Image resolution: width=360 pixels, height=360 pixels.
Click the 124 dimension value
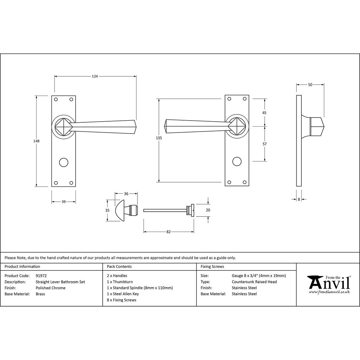pyautogui.click(x=95, y=76)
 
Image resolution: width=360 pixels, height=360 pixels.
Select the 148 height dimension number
pyautogui.click(x=37, y=141)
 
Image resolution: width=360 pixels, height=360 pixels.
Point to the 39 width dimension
pyautogui.click(x=64, y=202)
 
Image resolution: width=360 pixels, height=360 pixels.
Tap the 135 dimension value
pyautogui.click(x=159, y=138)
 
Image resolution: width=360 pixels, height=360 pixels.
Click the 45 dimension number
pyautogui.click(x=264, y=113)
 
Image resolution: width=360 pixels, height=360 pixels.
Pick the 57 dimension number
pyautogui.click(x=264, y=144)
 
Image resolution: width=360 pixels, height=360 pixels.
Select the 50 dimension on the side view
pyautogui.click(x=310, y=85)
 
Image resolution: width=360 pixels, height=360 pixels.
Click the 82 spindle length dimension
pyautogui.click(x=168, y=232)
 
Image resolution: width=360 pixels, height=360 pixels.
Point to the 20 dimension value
pyautogui.click(x=208, y=210)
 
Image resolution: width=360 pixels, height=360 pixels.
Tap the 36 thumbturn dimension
pyautogui.click(x=126, y=194)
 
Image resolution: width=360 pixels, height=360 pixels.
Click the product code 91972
pyautogui.click(x=41, y=276)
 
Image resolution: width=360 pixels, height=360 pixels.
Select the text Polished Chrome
pyautogui.click(x=51, y=288)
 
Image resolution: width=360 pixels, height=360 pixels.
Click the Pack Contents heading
pyautogui.click(x=119, y=266)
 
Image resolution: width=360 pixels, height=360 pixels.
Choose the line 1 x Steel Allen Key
pyautogui.click(x=123, y=294)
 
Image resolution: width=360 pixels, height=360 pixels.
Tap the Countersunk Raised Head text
pyautogui.click(x=254, y=282)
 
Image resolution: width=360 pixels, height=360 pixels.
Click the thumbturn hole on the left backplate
pyautogui.click(x=64, y=162)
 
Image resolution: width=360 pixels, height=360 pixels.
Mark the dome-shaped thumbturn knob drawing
pyautogui.click(x=120, y=211)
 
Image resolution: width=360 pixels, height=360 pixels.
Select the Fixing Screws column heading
pyautogui.click(x=212, y=266)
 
